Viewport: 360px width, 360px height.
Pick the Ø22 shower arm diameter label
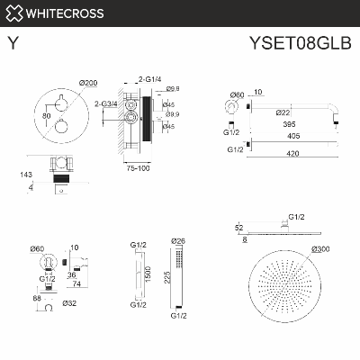click(283, 112)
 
